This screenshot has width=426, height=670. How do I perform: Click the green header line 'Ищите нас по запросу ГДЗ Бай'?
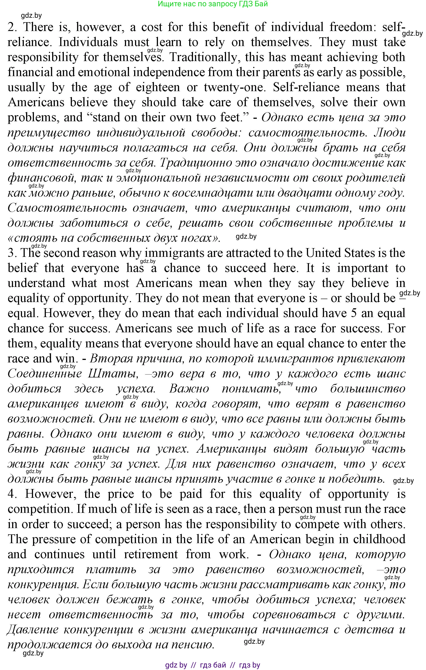[x=213, y=4]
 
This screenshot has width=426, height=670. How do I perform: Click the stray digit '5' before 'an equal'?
[x=354, y=313]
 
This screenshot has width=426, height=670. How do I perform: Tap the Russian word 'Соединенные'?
[x=44, y=374]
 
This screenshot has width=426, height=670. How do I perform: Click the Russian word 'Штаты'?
[x=113, y=374]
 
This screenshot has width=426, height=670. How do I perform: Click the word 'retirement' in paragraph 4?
[x=151, y=554]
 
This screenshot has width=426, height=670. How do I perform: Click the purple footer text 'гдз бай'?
[x=213, y=665]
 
